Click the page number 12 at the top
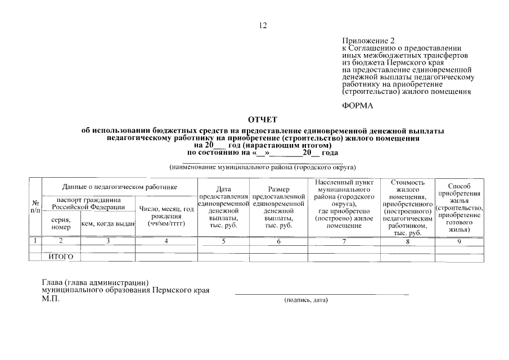(263, 25)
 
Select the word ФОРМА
(358, 105)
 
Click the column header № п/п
(35, 206)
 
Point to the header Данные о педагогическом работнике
(120, 186)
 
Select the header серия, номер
(61, 223)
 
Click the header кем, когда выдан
(108, 223)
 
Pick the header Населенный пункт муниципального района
(343, 204)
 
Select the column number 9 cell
(459, 241)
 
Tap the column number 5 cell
(223, 241)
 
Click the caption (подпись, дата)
(306, 300)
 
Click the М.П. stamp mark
(51, 298)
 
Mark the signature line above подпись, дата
(321, 294)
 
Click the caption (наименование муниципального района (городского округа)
(263, 167)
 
